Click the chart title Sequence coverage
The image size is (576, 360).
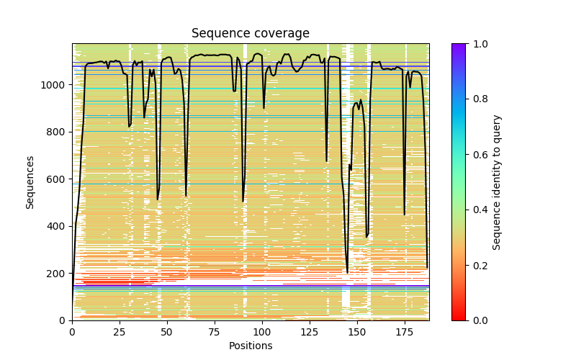(x=250, y=34)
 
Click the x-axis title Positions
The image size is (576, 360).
(x=250, y=346)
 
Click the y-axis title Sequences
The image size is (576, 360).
(x=30, y=181)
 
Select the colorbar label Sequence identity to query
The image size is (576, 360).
(x=497, y=181)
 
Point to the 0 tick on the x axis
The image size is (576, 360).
(x=72, y=331)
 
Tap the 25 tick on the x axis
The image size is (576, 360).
(x=120, y=331)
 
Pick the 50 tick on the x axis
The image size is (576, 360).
(x=167, y=331)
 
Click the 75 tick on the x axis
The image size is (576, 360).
(x=215, y=331)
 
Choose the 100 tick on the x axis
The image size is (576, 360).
(x=262, y=331)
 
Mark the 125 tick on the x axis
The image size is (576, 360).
(x=310, y=331)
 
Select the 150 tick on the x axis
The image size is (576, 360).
(x=357, y=331)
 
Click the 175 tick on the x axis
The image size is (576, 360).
(x=405, y=331)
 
